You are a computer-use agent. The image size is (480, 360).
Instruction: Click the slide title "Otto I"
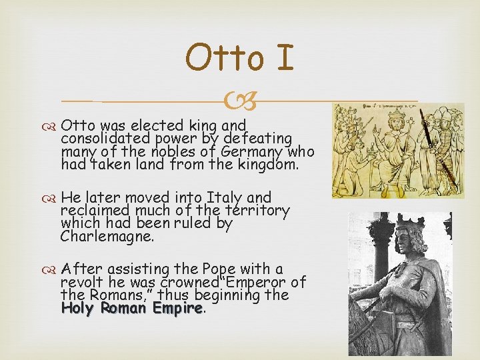pos(239,59)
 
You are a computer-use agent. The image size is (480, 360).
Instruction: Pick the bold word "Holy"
pos(78,308)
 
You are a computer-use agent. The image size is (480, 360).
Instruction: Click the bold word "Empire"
pos(177,308)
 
